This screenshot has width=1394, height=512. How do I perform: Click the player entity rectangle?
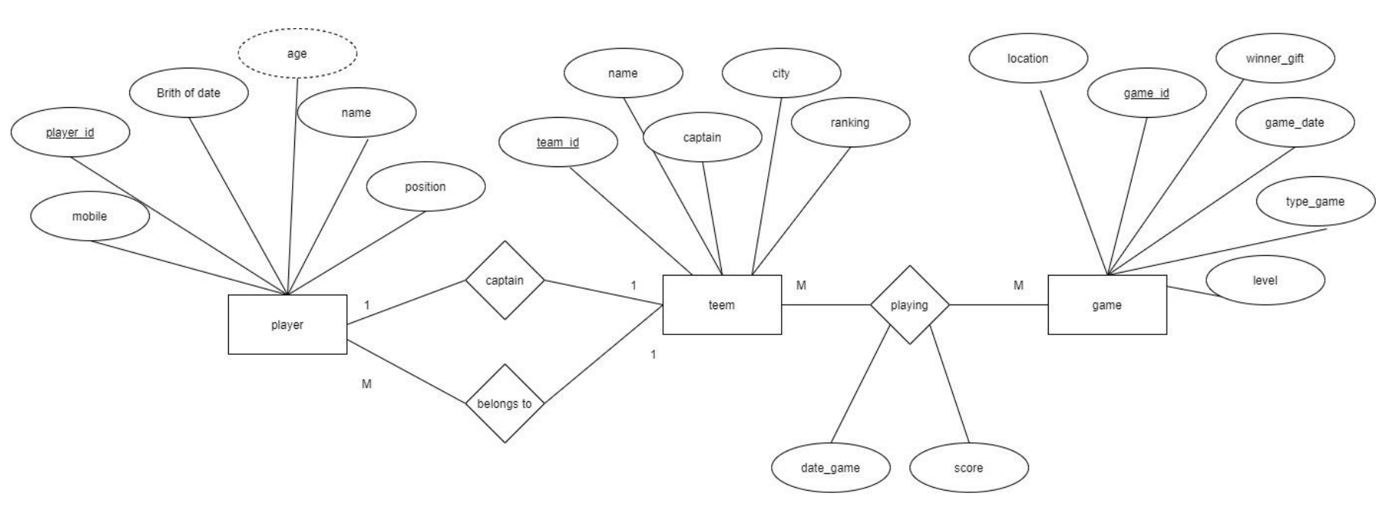287,324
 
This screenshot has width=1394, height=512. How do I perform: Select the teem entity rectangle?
722,305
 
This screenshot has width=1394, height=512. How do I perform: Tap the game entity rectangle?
1107,305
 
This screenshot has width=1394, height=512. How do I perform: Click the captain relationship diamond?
505,280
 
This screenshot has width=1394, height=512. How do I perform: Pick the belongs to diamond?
505,403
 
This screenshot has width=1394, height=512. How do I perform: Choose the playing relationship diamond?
910,305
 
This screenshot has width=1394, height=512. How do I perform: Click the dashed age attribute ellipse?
297,53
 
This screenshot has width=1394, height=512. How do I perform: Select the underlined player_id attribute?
70,133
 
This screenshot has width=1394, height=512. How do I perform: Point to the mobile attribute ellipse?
90,216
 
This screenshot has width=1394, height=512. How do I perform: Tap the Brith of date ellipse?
189,93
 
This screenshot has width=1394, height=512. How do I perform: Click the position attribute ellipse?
425,187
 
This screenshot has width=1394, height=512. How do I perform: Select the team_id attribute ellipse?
557,142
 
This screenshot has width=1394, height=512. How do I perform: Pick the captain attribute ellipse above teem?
702,137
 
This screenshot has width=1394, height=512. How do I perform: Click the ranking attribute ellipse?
849,122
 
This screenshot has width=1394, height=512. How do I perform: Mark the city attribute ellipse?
781,74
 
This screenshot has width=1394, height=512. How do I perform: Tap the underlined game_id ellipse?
1146,93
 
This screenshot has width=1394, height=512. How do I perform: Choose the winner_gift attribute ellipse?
1275,58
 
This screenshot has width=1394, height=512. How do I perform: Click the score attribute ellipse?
968,468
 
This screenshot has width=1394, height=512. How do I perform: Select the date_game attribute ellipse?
830,468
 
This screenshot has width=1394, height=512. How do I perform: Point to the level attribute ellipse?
1265,280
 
